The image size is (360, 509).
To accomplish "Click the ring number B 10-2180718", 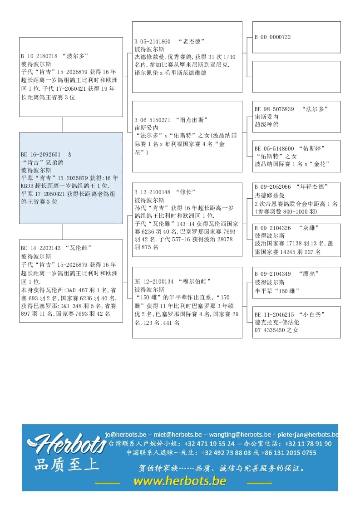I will [x=39, y=56].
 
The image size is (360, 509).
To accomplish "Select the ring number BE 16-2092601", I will [x=40, y=154].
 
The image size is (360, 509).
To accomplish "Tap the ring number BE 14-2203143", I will [x=40, y=248].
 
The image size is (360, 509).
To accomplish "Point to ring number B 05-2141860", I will [x=153, y=41].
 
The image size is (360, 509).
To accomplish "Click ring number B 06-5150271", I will [x=153, y=120].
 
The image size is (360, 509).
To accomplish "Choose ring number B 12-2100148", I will [x=153, y=192].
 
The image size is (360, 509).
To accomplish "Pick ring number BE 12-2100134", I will [x=154, y=281].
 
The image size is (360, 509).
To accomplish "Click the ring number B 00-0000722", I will [x=273, y=37].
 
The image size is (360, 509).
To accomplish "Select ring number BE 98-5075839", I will [x=274, y=109].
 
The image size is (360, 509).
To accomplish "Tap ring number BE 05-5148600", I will [x=274, y=148].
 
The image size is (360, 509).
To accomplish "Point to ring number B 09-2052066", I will [x=273, y=186].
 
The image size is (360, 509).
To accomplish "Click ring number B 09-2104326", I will [x=273, y=228].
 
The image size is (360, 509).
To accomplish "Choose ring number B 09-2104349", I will [x=273, y=274].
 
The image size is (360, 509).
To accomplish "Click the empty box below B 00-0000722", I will [x=296, y=77].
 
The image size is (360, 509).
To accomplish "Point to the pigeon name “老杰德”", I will [x=191, y=41].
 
